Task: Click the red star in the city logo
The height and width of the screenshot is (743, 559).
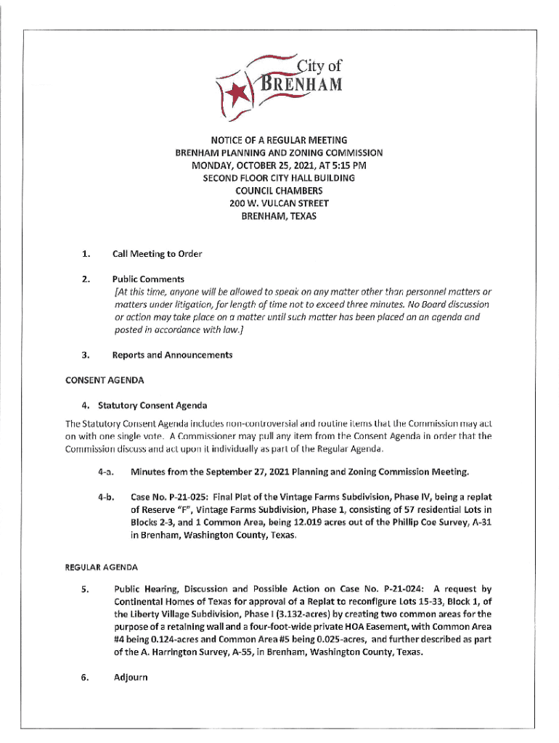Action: (x=237, y=93)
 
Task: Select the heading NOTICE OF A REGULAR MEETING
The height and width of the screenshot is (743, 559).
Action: (x=279, y=139)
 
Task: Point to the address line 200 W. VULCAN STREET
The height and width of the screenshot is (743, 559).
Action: (x=279, y=204)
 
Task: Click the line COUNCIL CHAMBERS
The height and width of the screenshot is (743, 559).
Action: (x=279, y=191)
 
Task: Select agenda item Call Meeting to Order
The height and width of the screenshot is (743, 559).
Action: (x=157, y=254)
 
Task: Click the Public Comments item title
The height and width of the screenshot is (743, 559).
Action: (x=148, y=279)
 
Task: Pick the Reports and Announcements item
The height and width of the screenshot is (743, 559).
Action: (x=172, y=355)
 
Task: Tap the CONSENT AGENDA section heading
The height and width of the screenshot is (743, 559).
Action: (x=105, y=379)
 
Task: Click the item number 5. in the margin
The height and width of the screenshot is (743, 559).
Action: (x=85, y=590)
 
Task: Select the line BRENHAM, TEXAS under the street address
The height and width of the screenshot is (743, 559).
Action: (x=279, y=217)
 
